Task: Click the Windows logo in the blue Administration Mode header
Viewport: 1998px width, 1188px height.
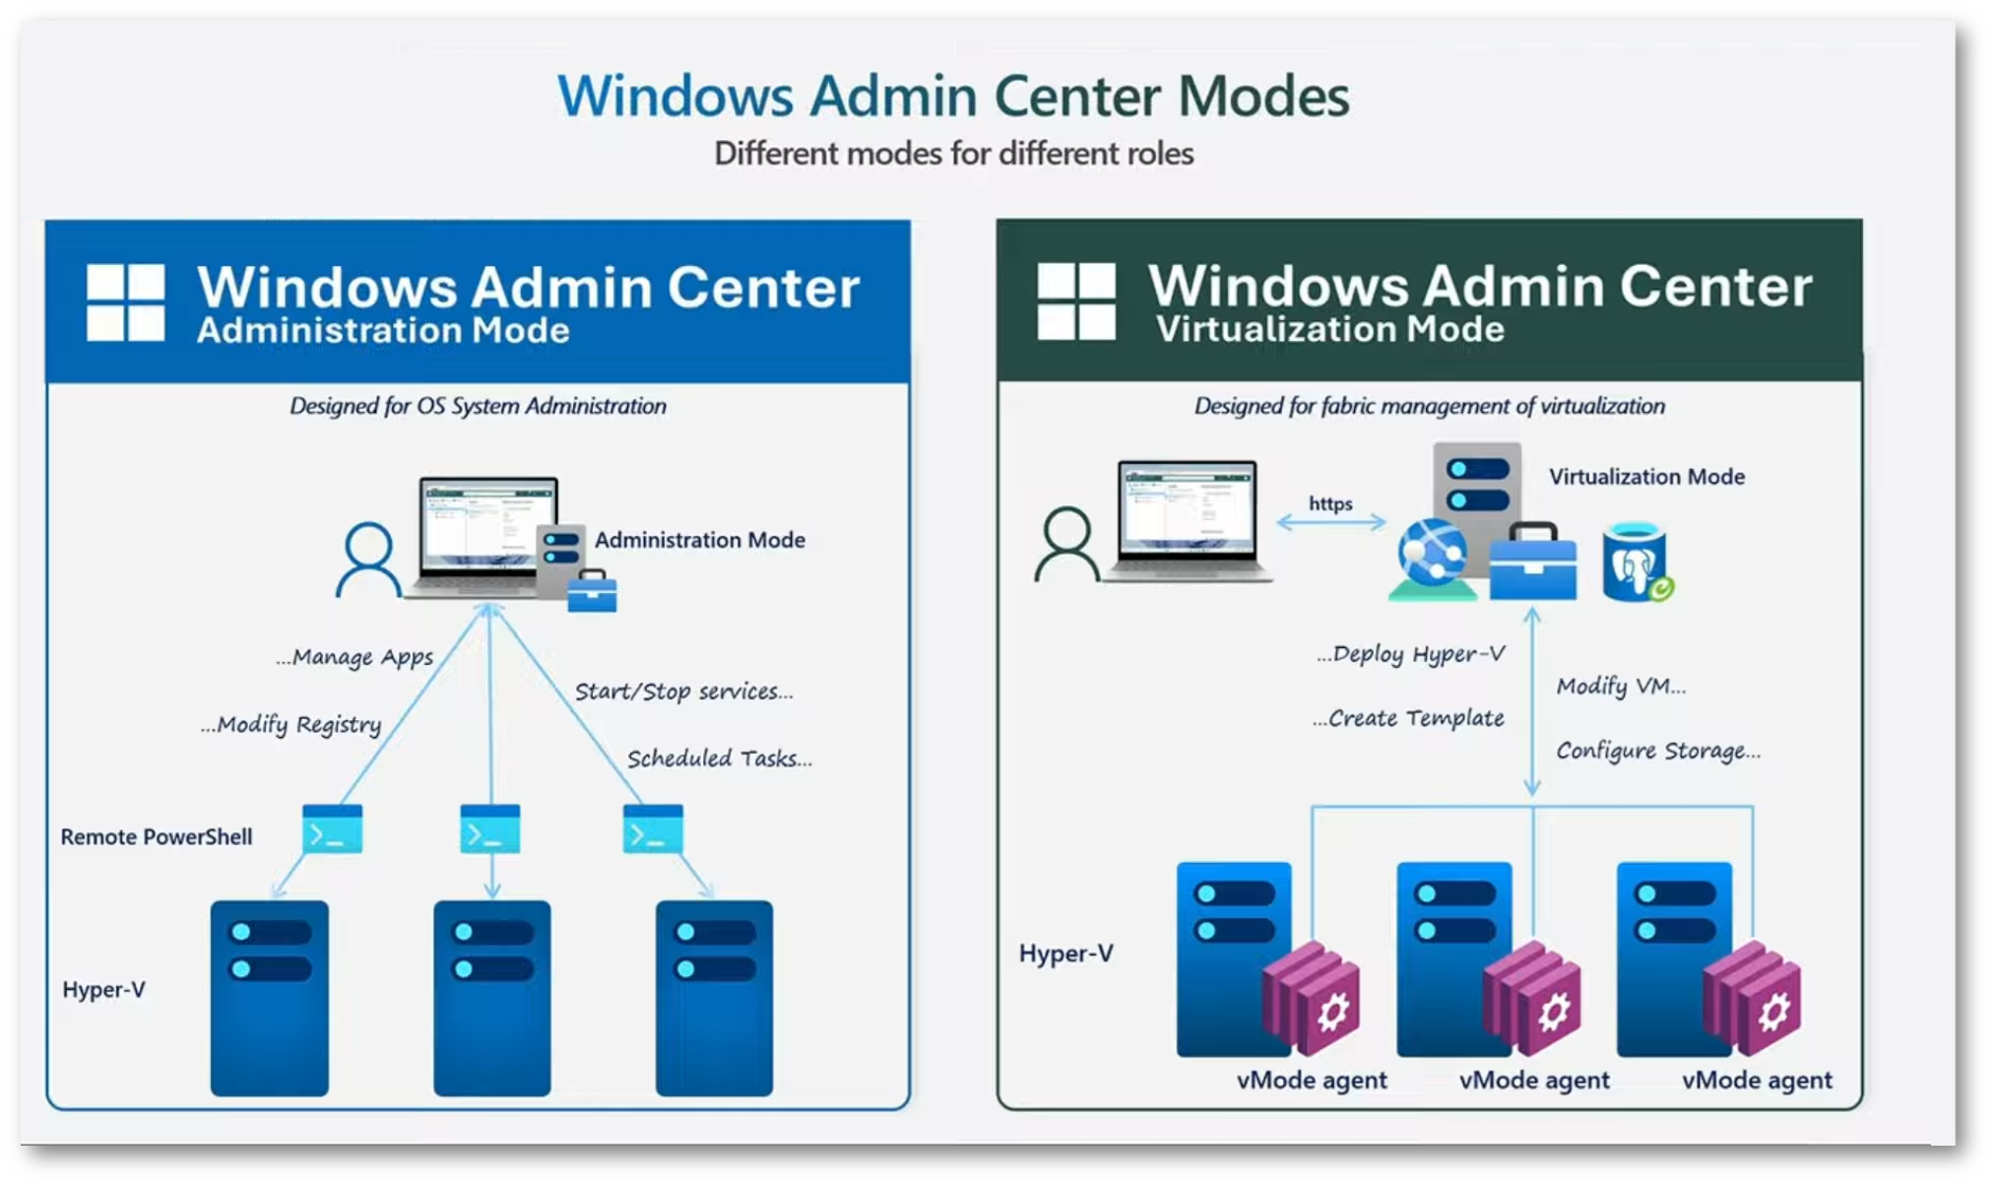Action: [x=125, y=302]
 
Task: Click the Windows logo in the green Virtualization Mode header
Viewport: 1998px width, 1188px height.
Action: [x=1076, y=301]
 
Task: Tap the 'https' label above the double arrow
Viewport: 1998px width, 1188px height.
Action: [x=1329, y=503]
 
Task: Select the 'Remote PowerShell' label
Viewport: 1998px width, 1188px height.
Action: [x=157, y=836]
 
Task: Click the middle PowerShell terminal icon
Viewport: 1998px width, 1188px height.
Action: [x=490, y=828]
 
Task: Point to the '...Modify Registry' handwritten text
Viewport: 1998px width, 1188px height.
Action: [x=290, y=725]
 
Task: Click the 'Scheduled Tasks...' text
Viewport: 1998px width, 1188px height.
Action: [x=719, y=759]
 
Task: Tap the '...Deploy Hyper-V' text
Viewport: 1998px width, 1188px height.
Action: [x=1410, y=654]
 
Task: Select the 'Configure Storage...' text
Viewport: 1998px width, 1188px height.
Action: [x=1657, y=751]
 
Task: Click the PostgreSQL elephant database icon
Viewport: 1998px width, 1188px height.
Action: [x=1636, y=563]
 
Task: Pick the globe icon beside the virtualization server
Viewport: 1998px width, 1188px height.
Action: [x=1432, y=555]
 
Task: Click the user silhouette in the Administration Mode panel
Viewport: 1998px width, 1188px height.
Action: [x=368, y=560]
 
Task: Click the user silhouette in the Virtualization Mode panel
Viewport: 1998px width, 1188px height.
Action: [x=1066, y=544]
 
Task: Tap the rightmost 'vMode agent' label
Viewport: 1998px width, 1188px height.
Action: [x=1757, y=1080]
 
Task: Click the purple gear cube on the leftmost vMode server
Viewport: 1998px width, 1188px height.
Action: [x=1314, y=1000]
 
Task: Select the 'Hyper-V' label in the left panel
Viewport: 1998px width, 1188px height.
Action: [x=103, y=989]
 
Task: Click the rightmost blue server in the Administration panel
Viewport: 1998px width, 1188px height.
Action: [x=714, y=997]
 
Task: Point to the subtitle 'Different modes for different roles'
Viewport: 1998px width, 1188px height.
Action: [x=953, y=154]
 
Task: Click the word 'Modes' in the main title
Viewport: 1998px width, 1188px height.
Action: [x=1263, y=97]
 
